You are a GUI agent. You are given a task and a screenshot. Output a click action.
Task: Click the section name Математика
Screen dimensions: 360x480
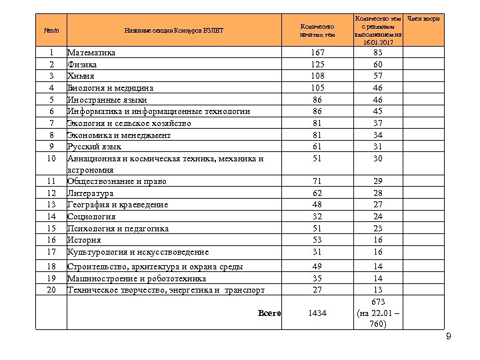coord(91,53)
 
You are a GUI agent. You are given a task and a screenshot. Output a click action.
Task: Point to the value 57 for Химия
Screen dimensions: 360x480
coord(378,76)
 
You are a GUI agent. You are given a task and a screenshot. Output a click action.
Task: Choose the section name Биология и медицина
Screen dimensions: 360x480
coord(111,88)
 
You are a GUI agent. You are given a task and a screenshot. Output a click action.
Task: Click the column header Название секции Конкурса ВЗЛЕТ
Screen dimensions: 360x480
coord(175,30)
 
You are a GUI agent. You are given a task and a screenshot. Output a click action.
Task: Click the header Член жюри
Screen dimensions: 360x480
coord(425,19)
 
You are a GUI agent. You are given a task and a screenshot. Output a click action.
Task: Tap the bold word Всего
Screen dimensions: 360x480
coord(269,313)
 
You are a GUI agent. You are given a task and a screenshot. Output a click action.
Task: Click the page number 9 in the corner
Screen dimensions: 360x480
coord(449,337)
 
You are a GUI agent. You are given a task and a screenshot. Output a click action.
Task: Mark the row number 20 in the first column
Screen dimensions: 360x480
coord(51,290)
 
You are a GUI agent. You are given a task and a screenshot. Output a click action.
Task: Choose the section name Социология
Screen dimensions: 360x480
coord(91,217)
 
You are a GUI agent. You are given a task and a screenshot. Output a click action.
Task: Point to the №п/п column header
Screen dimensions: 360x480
coord(51,30)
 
